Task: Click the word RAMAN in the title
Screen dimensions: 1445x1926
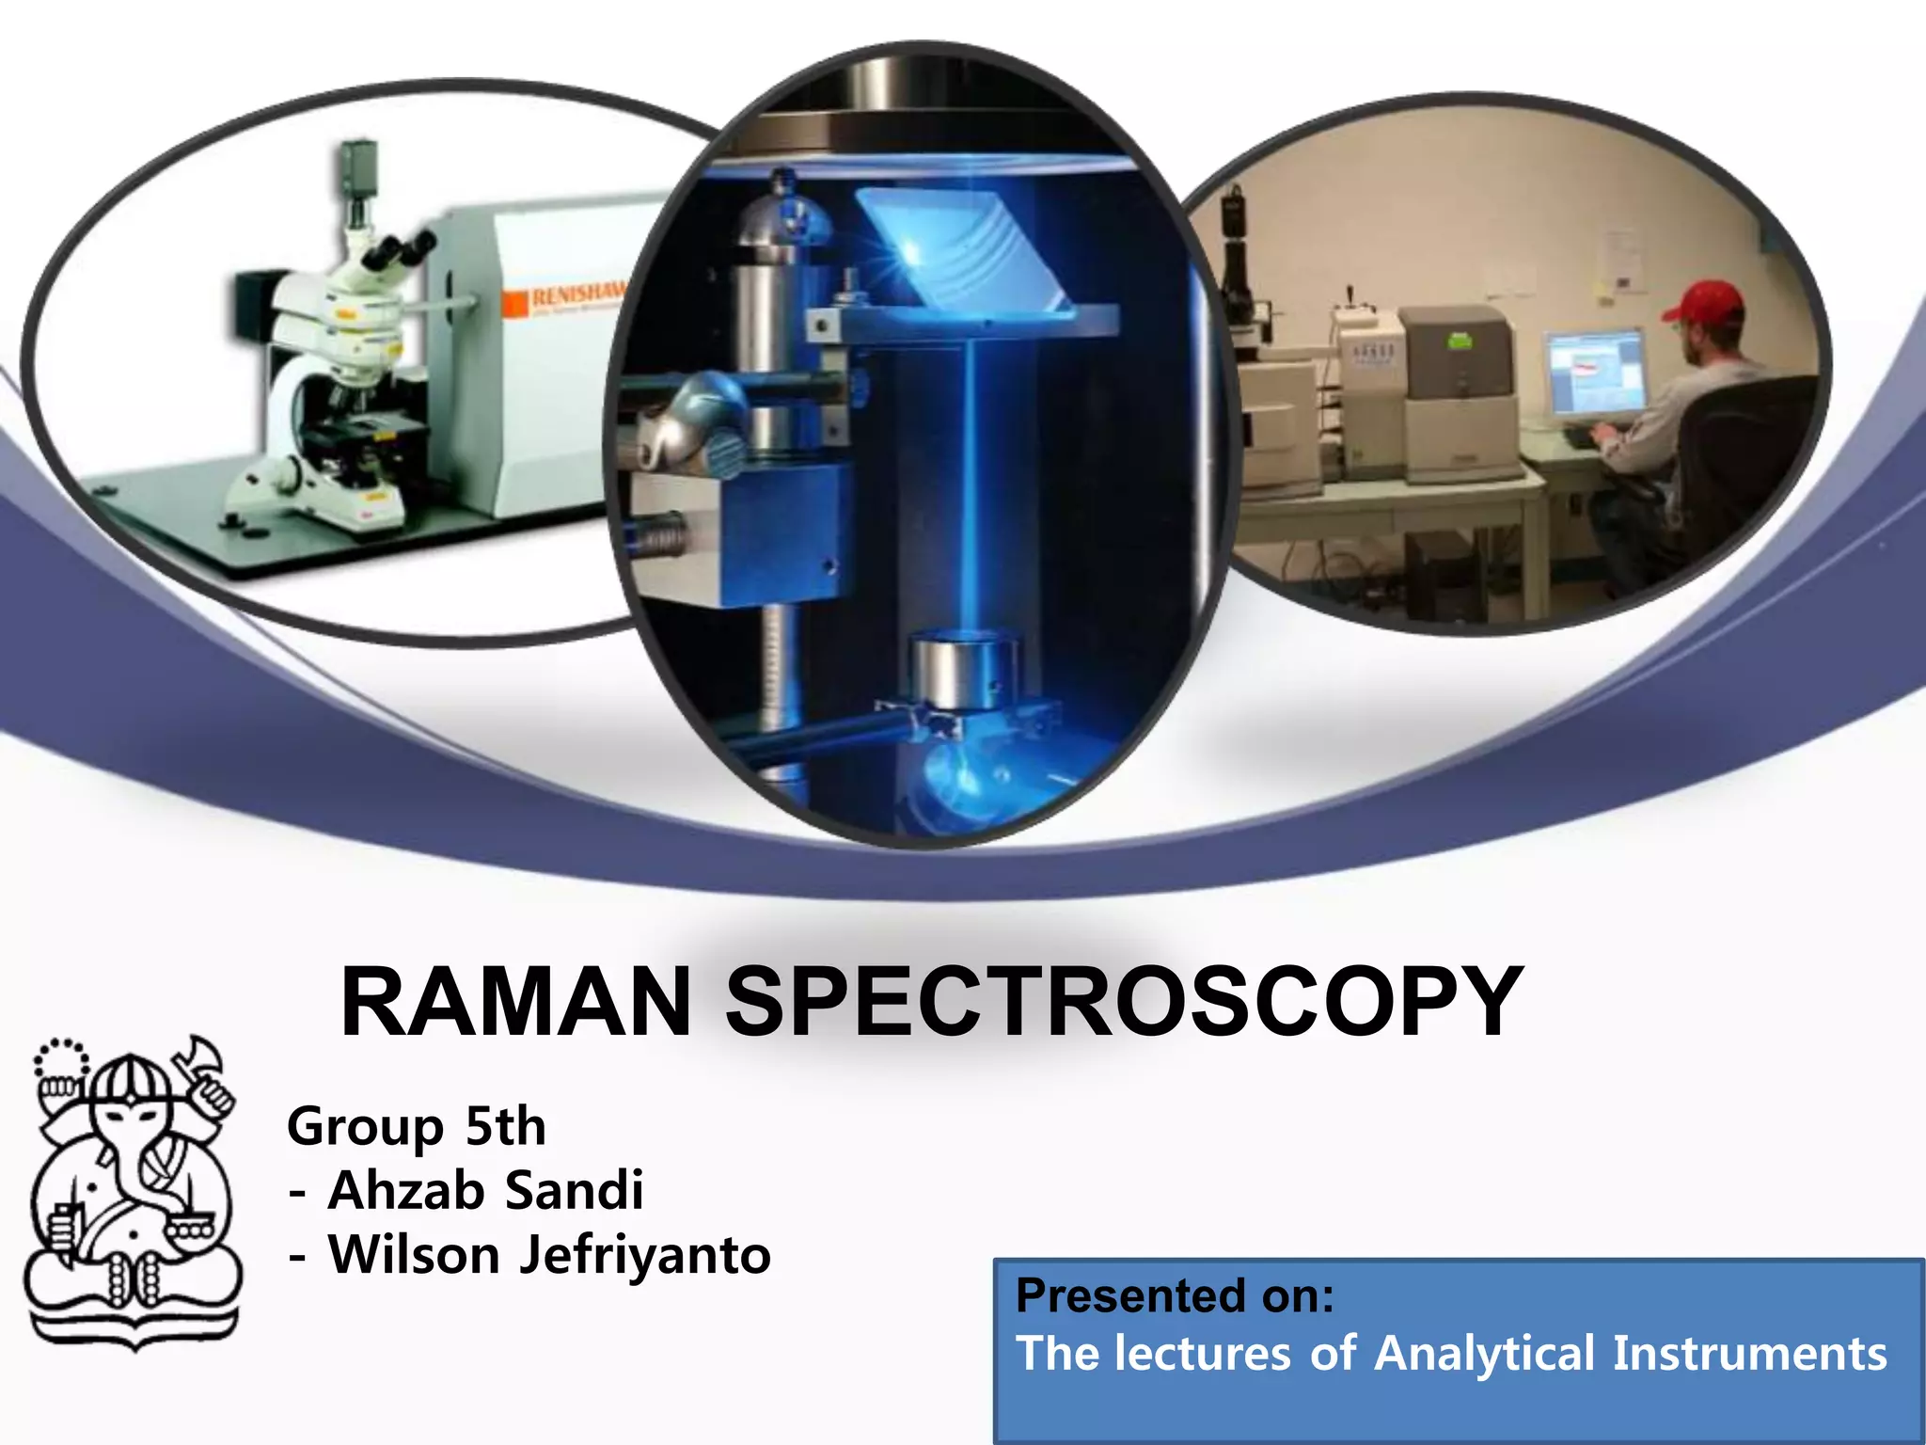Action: (515, 1003)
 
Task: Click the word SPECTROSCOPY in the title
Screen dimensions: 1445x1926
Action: (1124, 1003)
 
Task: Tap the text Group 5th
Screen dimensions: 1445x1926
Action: (416, 1126)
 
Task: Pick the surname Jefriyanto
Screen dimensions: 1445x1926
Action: (645, 1256)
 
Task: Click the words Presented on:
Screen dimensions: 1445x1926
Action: (1175, 1295)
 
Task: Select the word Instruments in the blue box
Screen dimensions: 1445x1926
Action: (1749, 1354)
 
